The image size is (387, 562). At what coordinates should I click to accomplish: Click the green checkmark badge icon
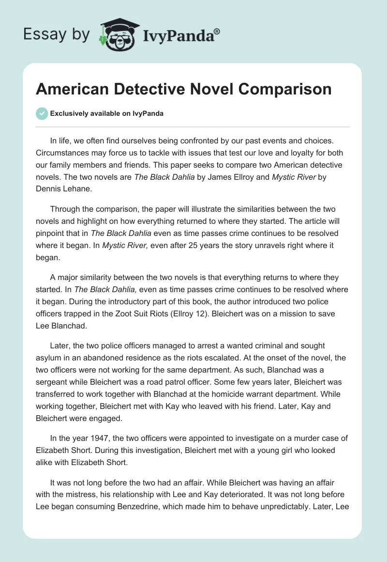[x=42, y=113]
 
